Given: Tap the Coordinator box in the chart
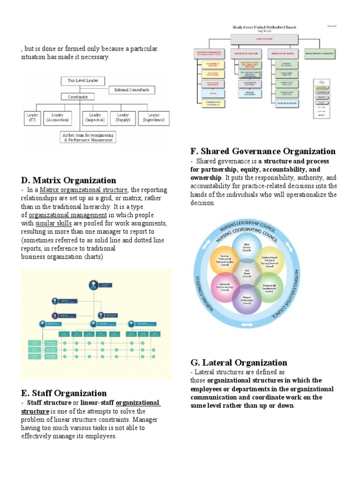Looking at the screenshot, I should click(78, 97).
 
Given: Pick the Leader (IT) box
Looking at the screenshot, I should click(32, 117).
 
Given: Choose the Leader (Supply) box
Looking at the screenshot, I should click(123, 117).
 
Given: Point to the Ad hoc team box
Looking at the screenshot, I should click(89, 137).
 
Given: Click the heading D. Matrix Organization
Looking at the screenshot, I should click(68, 180).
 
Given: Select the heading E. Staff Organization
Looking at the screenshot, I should click(64, 393).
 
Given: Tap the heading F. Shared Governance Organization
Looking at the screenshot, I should click(263, 151).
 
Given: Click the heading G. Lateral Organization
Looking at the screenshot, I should click(239, 362).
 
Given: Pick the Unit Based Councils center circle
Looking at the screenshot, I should click(247, 273).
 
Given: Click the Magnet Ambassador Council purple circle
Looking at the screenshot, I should click(247, 300).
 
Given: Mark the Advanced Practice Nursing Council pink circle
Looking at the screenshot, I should click(225, 287).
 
